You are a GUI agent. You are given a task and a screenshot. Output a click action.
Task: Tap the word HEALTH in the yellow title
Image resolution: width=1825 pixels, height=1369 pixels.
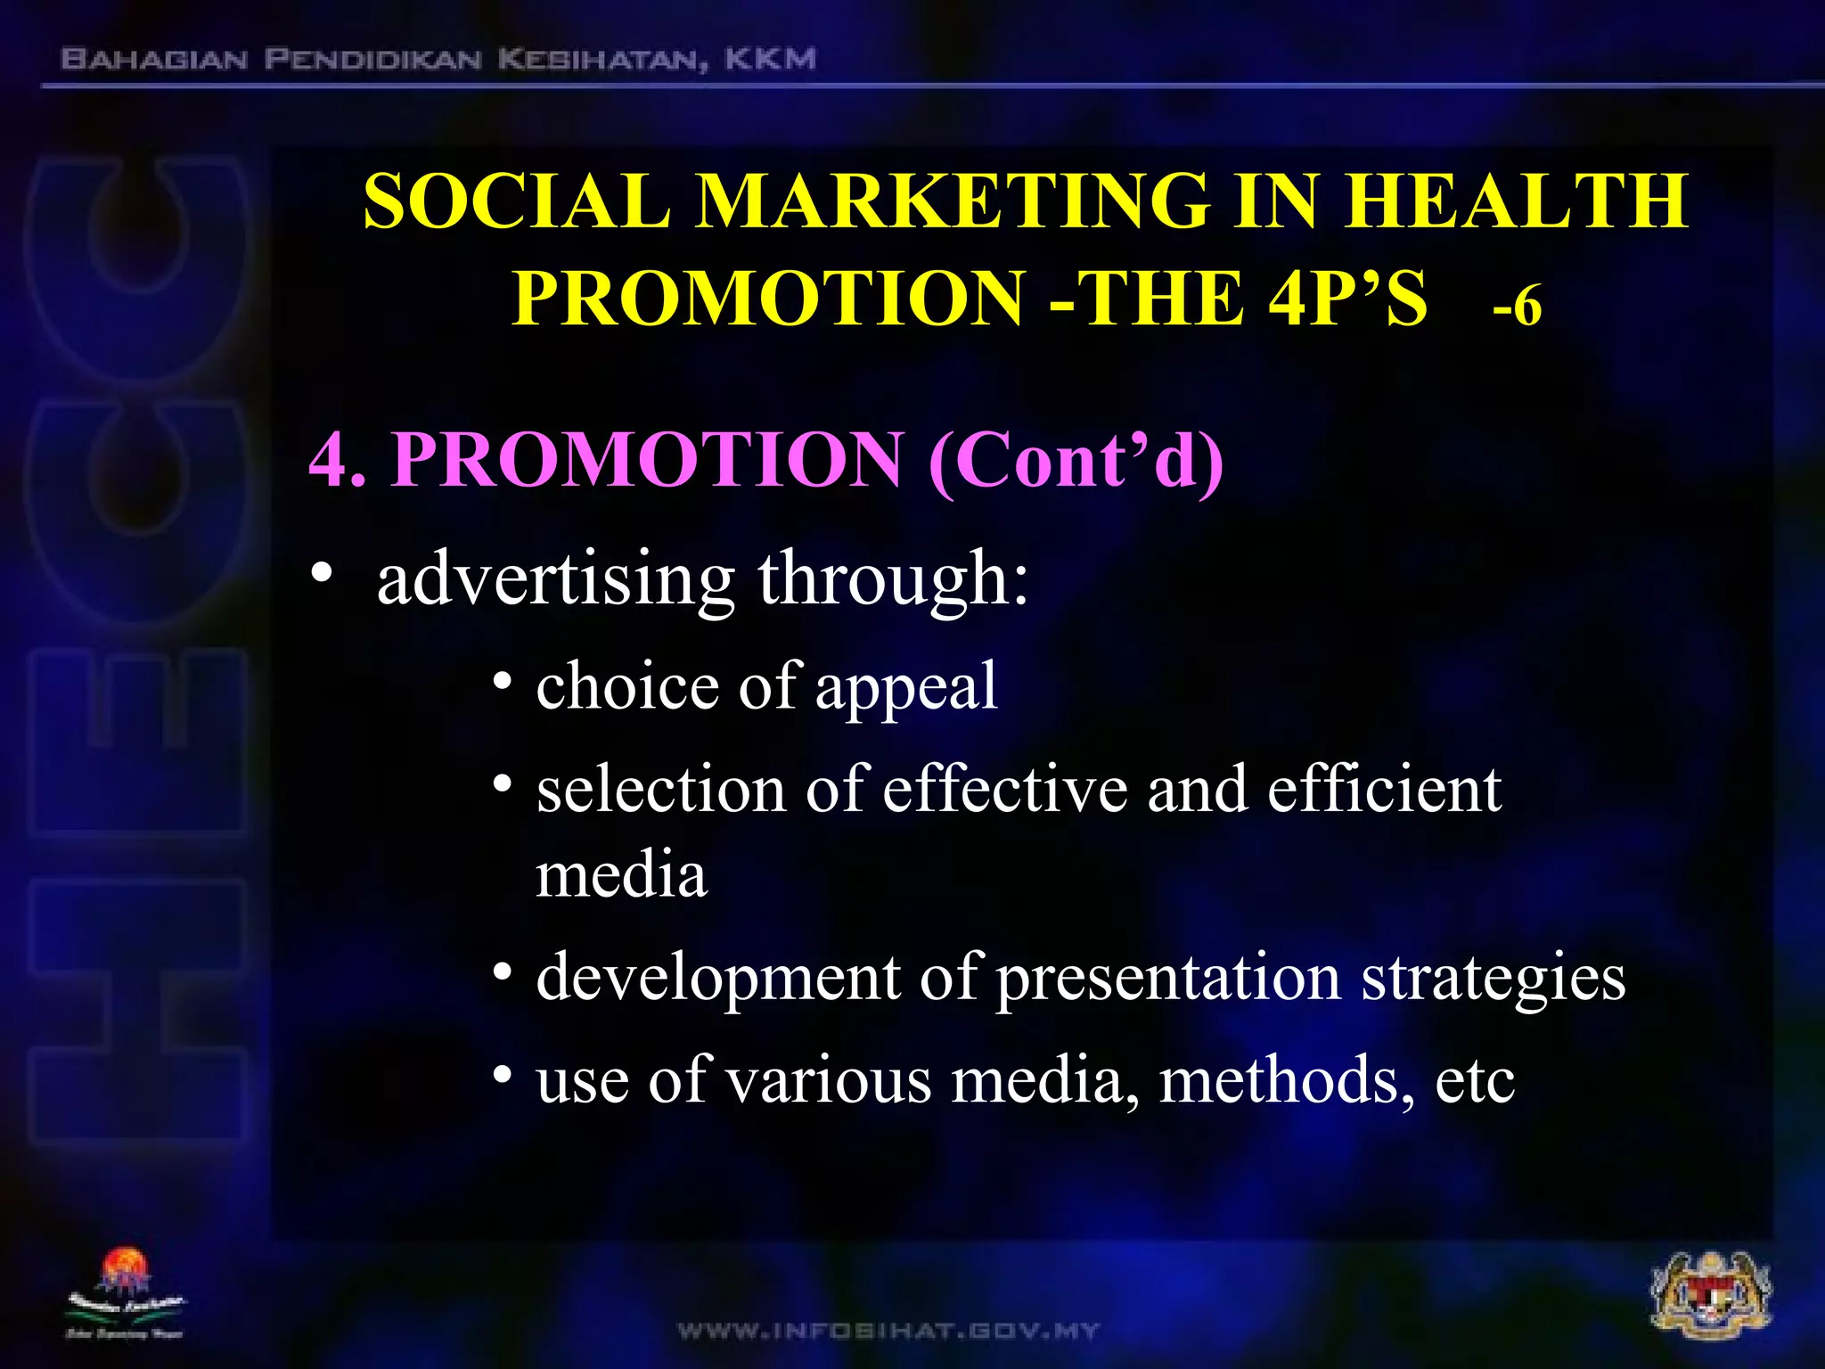coord(1515,201)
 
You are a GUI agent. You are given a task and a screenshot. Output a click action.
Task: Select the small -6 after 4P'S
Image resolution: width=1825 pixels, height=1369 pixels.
coord(1517,307)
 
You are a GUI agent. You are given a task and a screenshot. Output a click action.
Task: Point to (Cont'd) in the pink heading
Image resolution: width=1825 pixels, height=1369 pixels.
coord(1076,460)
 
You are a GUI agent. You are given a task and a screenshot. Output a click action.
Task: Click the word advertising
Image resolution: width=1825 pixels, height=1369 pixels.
coord(555,579)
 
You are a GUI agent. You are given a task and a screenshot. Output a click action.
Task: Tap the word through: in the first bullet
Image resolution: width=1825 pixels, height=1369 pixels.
coord(893,579)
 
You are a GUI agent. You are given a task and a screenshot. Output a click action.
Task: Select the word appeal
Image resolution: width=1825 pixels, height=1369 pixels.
coord(906,687)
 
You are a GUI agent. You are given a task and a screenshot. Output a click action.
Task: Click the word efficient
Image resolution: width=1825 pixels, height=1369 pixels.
coord(1384,790)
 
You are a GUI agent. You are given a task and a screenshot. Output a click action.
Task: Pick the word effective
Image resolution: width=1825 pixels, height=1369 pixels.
coord(1004,790)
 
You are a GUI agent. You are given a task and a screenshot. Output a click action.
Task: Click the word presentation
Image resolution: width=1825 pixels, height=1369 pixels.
coord(1167,978)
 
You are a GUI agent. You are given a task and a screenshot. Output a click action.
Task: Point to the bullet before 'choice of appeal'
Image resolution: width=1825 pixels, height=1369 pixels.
coord(503,683)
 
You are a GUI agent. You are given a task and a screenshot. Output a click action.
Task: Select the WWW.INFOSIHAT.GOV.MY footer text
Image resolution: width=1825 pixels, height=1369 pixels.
coord(888,1331)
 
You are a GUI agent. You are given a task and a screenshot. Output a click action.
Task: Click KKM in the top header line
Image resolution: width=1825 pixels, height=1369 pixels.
coord(770,60)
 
